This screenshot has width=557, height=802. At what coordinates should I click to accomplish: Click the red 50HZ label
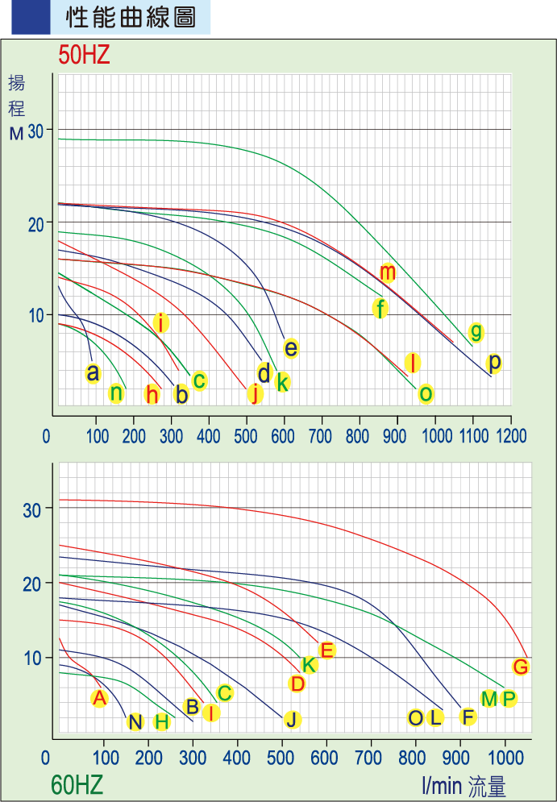[84, 56]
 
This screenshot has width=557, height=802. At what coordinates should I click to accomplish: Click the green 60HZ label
[77, 784]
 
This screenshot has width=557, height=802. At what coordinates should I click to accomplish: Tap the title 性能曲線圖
[129, 18]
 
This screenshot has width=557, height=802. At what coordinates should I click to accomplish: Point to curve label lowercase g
[476, 331]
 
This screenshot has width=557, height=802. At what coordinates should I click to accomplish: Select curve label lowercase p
[495, 362]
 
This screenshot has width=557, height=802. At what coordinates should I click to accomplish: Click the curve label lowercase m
[388, 272]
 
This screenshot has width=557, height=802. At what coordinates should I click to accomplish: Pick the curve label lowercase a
[93, 373]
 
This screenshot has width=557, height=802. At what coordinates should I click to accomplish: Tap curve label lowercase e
[291, 348]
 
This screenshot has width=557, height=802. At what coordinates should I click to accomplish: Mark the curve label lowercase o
[426, 393]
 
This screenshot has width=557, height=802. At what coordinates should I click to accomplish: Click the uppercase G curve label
[521, 667]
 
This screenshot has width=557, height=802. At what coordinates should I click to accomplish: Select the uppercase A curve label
[99, 698]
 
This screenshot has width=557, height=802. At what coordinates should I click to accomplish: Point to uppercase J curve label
[292, 719]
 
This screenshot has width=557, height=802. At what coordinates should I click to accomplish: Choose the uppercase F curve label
[468, 717]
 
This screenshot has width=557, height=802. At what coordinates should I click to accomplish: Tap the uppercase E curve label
[326, 650]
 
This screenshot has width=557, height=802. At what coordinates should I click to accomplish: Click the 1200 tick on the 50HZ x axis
[511, 436]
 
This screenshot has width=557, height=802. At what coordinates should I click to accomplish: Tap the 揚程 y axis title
[17, 95]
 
